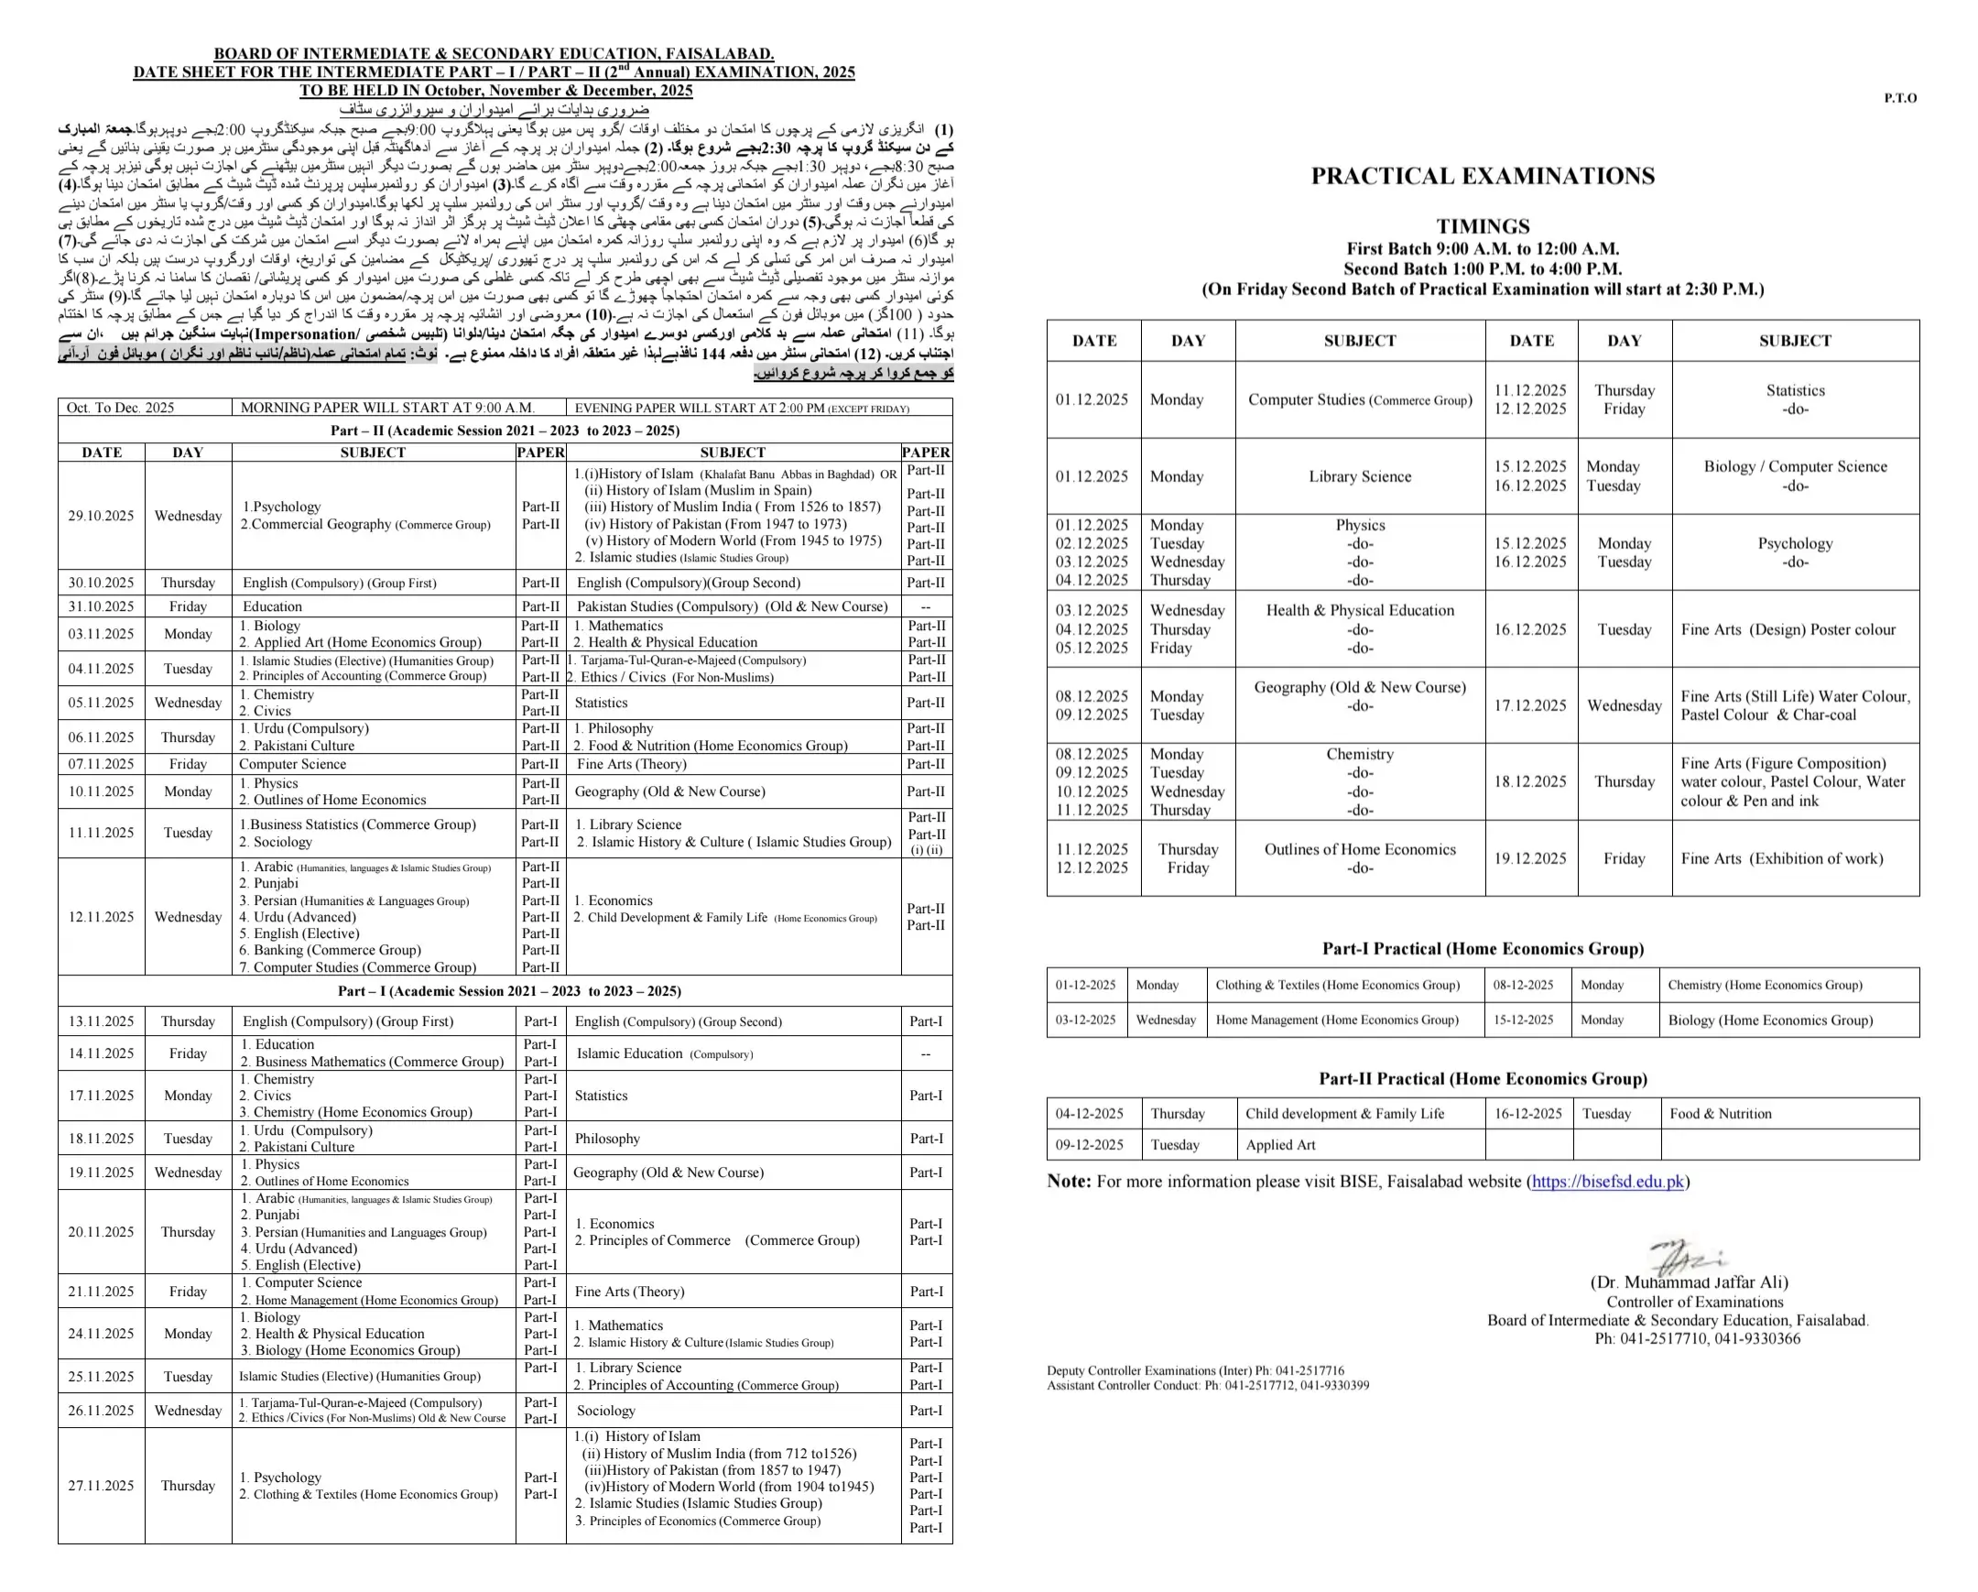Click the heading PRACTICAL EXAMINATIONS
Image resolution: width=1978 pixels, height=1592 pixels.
[x=1483, y=176]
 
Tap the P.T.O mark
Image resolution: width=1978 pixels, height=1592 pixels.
[x=1900, y=98]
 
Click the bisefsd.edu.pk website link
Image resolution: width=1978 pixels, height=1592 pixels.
[x=1607, y=1182]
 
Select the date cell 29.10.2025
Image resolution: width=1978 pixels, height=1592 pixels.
[x=101, y=516]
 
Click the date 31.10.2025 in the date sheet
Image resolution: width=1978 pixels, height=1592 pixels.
[x=101, y=606]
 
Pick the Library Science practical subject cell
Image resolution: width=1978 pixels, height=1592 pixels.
[x=1360, y=476]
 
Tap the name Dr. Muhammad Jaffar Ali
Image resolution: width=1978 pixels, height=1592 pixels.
[x=1689, y=1282]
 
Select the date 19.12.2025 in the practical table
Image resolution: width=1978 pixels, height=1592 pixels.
[x=1530, y=859]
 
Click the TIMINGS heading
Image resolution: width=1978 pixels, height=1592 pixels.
[x=1483, y=226]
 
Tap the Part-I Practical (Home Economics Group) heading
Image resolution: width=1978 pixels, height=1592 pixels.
[x=1483, y=949]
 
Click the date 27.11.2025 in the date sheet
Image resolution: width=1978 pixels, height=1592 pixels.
[x=101, y=1486]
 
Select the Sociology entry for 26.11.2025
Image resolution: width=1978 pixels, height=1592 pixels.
[x=605, y=1411]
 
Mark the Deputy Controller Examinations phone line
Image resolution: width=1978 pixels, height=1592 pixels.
[x=1195, y=1371]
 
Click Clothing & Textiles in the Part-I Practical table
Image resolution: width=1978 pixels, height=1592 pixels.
[x=1337, y=986]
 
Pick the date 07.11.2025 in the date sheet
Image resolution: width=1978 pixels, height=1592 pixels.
[x=101, y=764]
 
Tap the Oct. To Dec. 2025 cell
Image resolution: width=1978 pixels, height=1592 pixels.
[x=120, y=409]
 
